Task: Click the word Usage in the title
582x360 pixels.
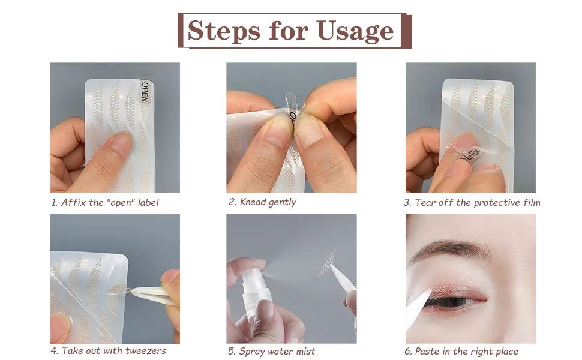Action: (355, 31)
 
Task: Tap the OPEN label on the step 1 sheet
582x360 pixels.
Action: (145, 92)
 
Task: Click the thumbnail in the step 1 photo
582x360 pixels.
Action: (119, 144)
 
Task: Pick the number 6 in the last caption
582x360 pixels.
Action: (407, 352)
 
